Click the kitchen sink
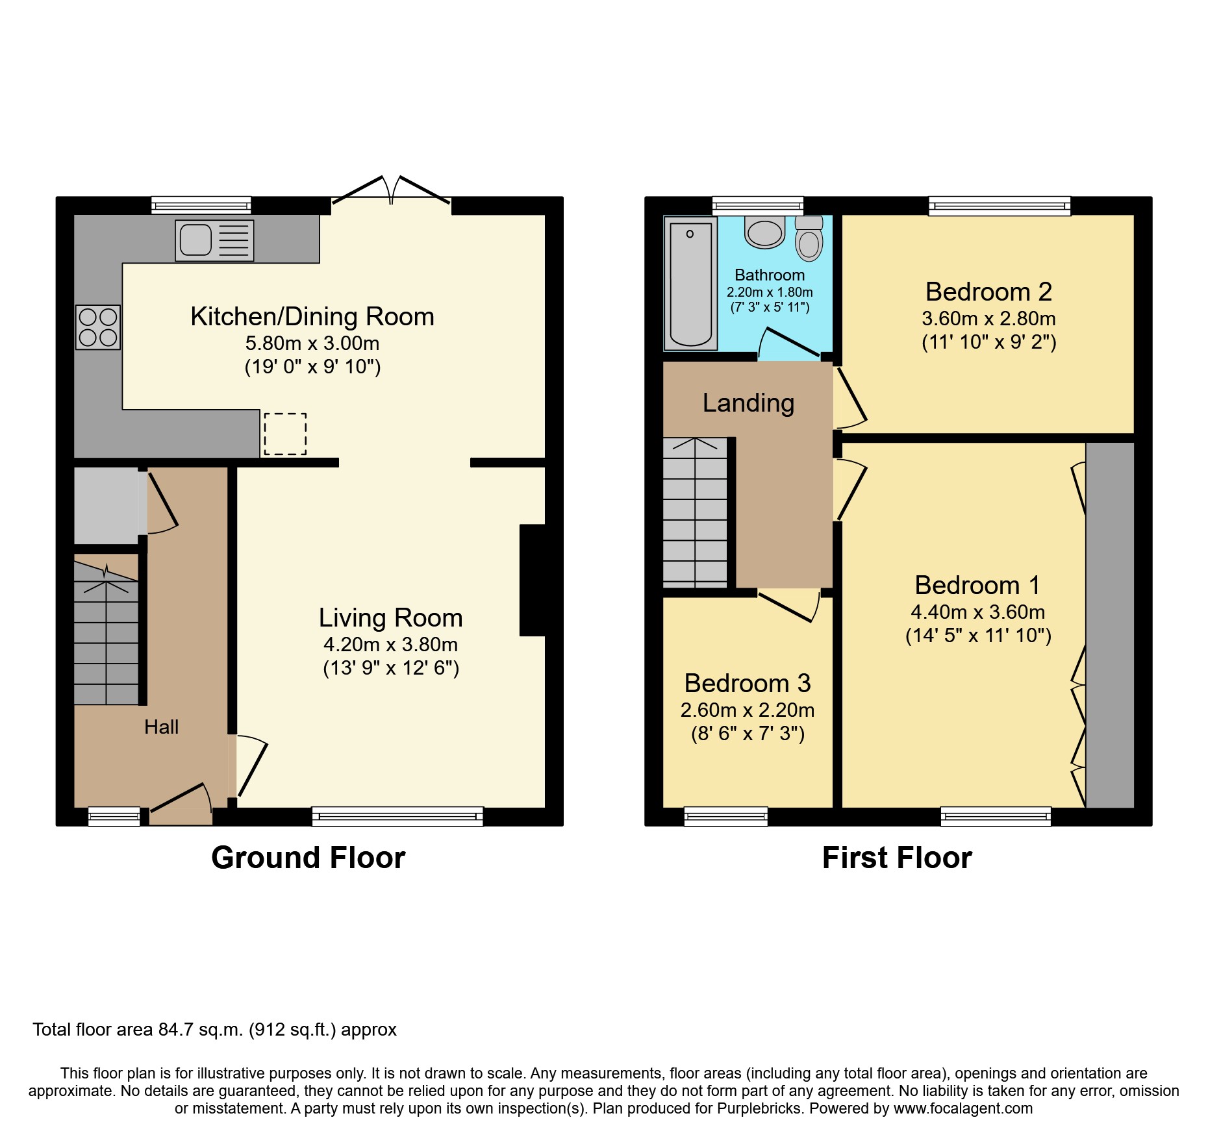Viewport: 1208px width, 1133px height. (214, 240)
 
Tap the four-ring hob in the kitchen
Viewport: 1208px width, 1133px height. (98, 327)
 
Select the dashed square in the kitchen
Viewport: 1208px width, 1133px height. (285, 434)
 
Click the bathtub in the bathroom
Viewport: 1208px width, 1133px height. (690, 284)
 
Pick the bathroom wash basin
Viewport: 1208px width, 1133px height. (764, 233)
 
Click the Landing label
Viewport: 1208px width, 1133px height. (748, 403)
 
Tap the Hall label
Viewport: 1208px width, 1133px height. (161, 727)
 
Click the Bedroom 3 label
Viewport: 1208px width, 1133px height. (747, 684)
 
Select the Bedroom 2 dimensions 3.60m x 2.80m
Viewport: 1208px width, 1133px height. (988, 319)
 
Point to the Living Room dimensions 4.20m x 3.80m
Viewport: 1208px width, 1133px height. (390, 645)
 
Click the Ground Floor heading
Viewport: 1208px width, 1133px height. (308, 858)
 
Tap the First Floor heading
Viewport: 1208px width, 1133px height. (896, 858)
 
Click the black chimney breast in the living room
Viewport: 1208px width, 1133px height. (533, 580)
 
